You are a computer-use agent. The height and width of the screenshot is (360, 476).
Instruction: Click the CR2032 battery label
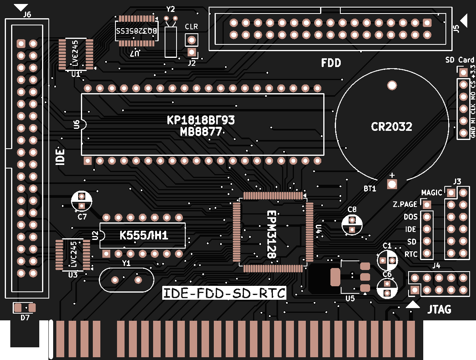tap(392, 127)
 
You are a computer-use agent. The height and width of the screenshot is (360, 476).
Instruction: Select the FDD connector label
tap(331, 63)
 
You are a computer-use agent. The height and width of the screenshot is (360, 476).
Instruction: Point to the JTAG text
tap(440, 309)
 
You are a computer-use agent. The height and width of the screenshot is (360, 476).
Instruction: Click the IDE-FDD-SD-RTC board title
tap(225, 293)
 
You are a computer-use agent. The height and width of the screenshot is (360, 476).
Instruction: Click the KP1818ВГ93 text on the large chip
tap(201, 120)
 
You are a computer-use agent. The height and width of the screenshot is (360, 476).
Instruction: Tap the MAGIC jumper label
tap(432, 193)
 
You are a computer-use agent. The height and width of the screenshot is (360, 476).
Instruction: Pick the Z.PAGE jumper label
tap(405, 205)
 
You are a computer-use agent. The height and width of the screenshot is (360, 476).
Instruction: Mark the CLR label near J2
tap(191, 27)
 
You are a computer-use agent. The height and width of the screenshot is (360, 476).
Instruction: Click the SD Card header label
tap(460, 60)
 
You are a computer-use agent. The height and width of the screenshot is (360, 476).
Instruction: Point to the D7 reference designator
tap(25, 318)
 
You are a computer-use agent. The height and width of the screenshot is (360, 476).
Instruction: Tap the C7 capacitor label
tap(82, 217)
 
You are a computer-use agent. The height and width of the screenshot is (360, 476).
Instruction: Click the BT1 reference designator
tap(370, 189)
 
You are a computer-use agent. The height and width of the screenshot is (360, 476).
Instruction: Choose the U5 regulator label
tap(350, 299)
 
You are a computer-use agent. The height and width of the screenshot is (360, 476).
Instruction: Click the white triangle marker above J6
tap(21, 7)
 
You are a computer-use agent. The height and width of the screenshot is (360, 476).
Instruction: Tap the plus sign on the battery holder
tap(392, 175)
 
